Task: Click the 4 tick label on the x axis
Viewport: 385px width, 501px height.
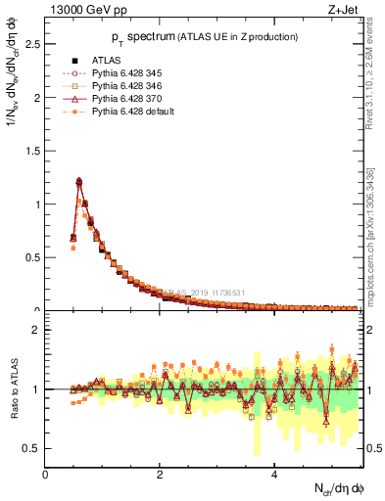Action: click(x=274, y=474)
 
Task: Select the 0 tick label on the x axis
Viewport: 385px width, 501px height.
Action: click(x=46, y=474)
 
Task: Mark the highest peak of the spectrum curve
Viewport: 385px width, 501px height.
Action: click(x=78, y=180)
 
